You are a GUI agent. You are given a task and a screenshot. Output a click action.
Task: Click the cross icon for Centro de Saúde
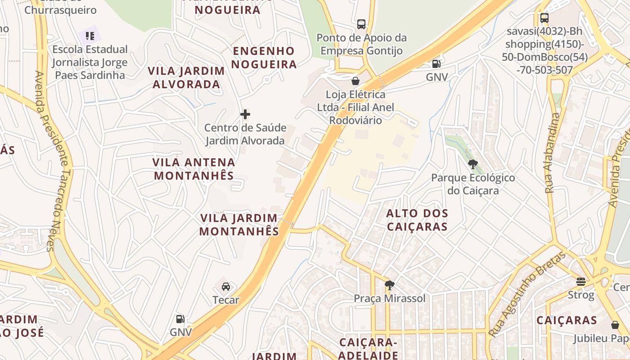[x=245, y=114]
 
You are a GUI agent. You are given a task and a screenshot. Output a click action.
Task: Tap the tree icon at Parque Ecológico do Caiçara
[x=472, y=164]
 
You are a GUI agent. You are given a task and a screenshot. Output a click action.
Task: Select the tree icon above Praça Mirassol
[x=389, y=285]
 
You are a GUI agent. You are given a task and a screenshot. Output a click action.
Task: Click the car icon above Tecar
[x=226, y=286]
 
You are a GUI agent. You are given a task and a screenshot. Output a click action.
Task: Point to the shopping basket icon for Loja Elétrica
[x=355, y=81]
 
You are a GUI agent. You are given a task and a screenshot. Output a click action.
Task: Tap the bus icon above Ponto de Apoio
[x=361, y=24]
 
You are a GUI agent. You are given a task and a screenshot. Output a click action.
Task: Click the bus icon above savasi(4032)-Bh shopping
[x=544, y=18]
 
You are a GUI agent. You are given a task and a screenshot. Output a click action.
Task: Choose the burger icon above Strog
[x=580, y=282]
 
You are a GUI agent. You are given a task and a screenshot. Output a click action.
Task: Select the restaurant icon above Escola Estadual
[x=90, y=36]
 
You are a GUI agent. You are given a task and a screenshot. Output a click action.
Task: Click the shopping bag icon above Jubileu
[x=615, y=325]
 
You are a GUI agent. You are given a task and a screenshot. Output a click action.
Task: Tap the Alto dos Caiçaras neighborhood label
[x=417, y=220]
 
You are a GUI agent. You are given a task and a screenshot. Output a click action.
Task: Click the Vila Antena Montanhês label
[x=194, y=169]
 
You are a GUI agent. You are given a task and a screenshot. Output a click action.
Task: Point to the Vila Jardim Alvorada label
[x=186, y=77]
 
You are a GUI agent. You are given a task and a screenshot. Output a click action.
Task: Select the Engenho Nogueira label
[x=264, y=58]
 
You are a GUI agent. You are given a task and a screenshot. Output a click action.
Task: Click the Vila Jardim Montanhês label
[x=239, y=225]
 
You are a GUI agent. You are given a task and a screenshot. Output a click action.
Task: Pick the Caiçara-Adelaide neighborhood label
[x=368, y=349]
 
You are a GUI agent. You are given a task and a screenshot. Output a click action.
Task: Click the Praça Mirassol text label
[x=390, y=298]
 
